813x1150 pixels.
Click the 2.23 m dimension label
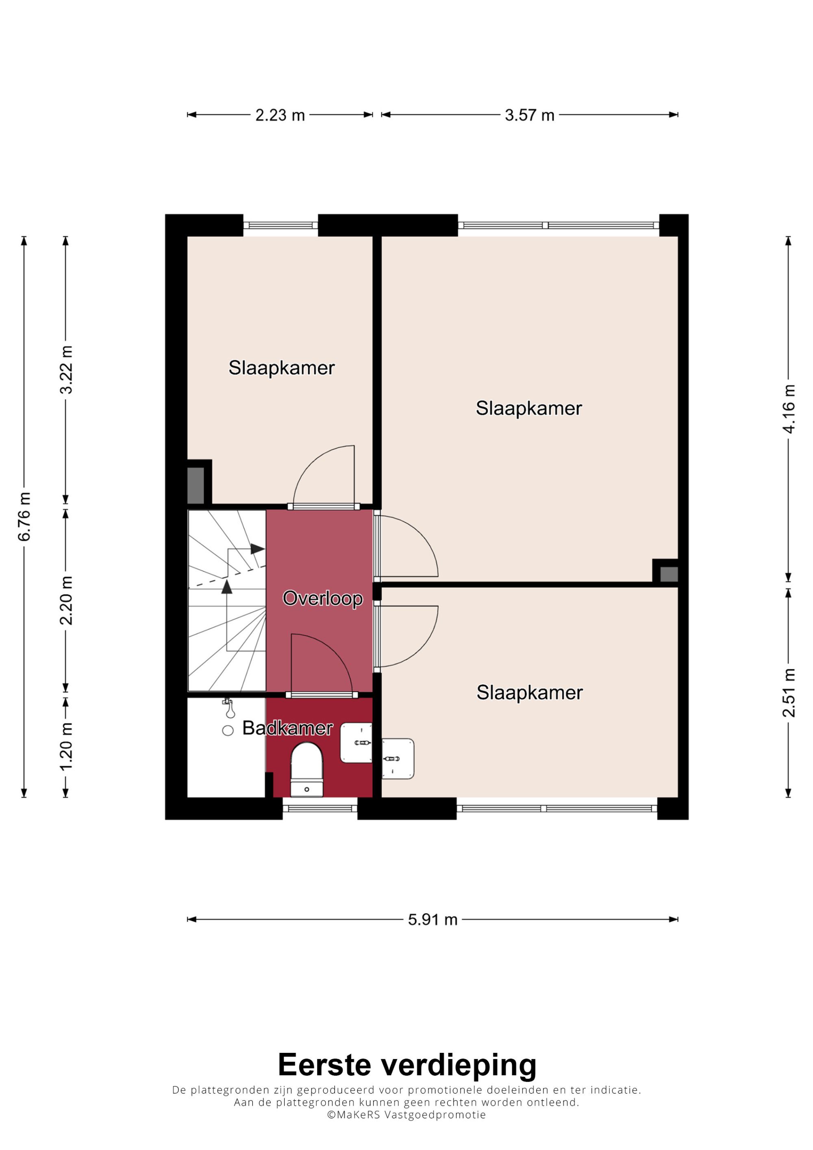tap(280, 115)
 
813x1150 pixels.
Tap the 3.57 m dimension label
tap(530, 115)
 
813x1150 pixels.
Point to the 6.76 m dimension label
tap(24, 516)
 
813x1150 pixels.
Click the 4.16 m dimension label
tap(789, 409)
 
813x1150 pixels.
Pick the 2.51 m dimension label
tap(789, 693)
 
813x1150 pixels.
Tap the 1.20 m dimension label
tap(65, 747)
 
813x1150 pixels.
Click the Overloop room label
tap(323, 599)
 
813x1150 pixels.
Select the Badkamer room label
tap(287, 728)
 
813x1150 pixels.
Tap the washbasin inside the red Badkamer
tap(356, 743)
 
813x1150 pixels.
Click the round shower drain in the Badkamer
tap(228, 731)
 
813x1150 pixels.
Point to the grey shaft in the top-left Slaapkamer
tap(196, 485)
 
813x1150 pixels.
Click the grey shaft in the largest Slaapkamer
tap(669, 574)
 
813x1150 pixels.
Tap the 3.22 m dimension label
tap(65, 370)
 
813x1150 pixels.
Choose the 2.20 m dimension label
tap(65, 601)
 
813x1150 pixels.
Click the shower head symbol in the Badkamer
tap(229, 708)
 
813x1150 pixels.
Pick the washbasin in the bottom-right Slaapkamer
tap(398, 759)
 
